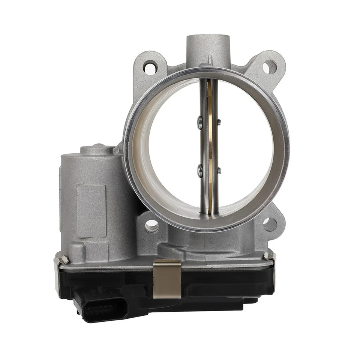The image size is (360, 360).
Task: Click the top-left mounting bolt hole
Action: click(150, 67)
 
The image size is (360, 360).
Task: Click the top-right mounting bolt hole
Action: click(269, 67)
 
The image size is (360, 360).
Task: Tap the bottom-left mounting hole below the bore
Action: click(151, 226)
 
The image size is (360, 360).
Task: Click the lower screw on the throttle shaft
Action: click(200, 171)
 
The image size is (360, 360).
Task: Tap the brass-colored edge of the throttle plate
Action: click(211, 150)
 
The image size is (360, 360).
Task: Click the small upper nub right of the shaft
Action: click(219, 121)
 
